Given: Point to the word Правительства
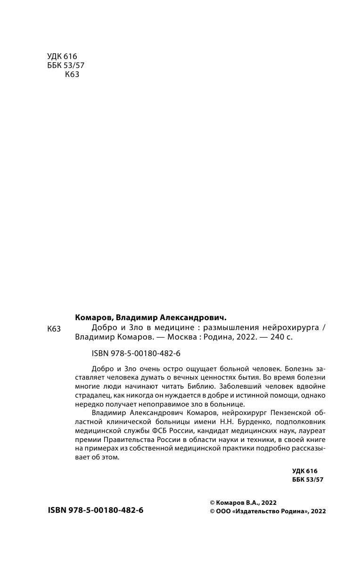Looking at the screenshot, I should point(124,439).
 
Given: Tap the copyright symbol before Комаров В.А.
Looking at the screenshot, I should point(212,502).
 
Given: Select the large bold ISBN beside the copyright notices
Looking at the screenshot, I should point(96,510).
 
